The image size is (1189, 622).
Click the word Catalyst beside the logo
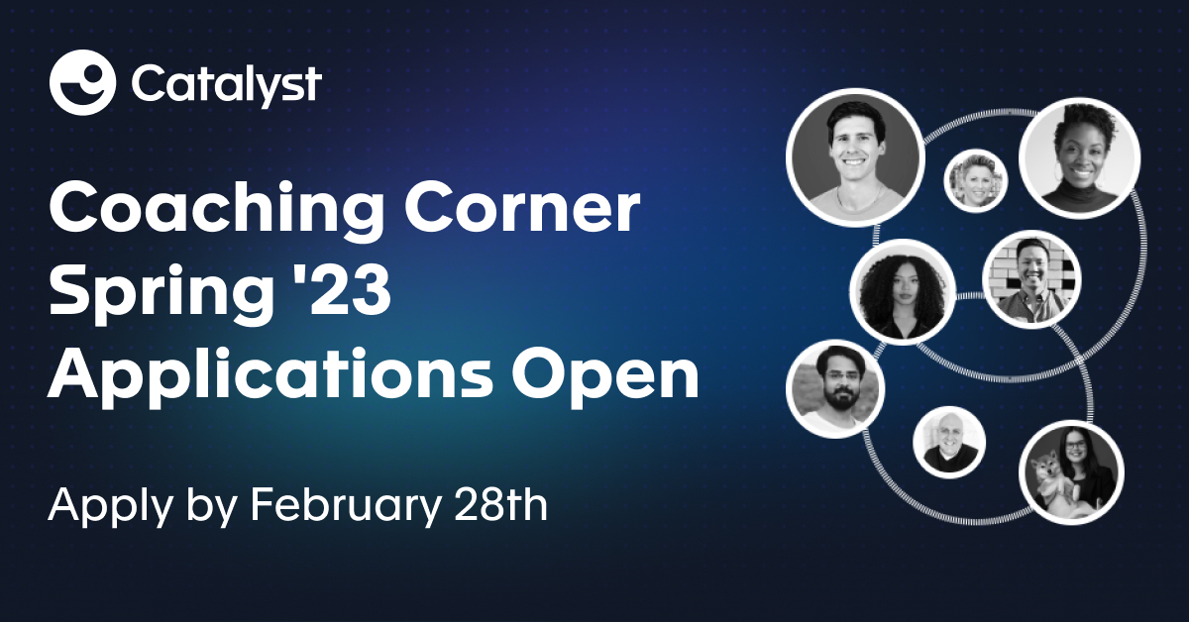coord(225,84)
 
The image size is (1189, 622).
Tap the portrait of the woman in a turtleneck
coord(1079,158)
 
